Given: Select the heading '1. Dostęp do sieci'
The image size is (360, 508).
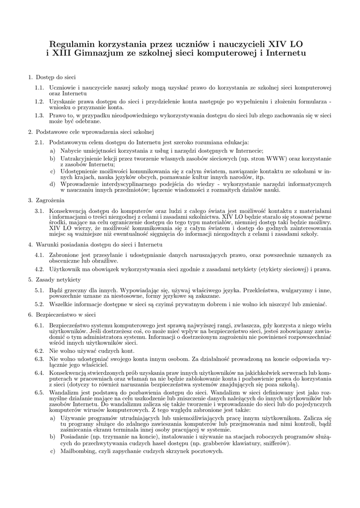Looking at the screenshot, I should pos(52,77).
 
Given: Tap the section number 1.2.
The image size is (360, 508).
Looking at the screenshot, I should pos(39,101).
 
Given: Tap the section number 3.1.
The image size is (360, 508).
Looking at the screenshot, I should pos(39,211).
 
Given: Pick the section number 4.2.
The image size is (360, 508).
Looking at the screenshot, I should pos(39,269).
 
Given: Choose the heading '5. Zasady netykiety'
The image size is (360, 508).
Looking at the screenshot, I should pos(55,280).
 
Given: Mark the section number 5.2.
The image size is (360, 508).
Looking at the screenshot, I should pos(39,304).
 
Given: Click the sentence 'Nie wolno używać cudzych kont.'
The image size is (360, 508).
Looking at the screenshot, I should pos(92,350).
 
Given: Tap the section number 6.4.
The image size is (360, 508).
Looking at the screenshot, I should pos(39,372).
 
